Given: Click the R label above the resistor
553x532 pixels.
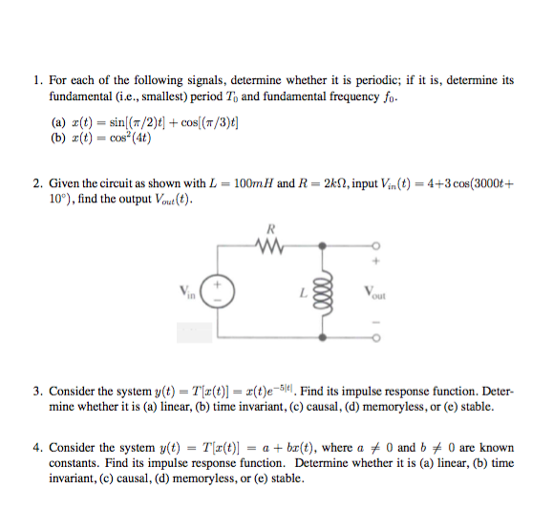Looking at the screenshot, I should [271, 227].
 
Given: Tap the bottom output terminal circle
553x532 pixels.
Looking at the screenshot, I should [373, 336].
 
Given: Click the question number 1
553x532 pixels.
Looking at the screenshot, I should [36, 80].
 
